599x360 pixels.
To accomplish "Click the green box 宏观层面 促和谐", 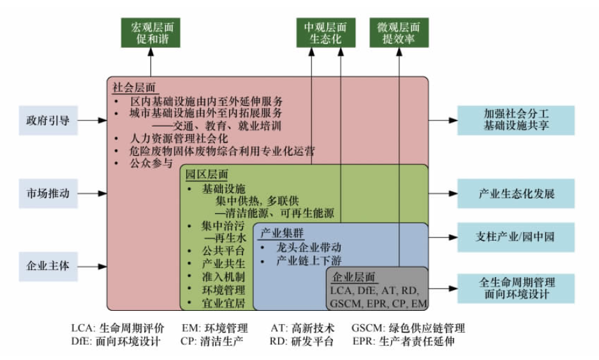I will pos(151,33).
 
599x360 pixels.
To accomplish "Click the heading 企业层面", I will pos(353,276).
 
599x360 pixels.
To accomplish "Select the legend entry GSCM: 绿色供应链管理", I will pos(408,329).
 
